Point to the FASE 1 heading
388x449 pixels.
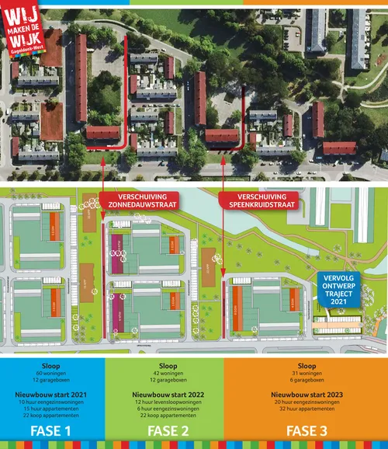[x=52, y=430]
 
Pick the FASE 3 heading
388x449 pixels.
[x=307, y=430]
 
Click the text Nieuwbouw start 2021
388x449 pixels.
[x=52, y=395]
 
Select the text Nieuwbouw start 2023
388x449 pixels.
[x=307, y=395]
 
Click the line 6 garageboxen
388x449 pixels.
[x=307, y=381]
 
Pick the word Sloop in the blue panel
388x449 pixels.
[x=52, y=365]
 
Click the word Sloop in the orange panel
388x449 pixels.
[x=307, y=365]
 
